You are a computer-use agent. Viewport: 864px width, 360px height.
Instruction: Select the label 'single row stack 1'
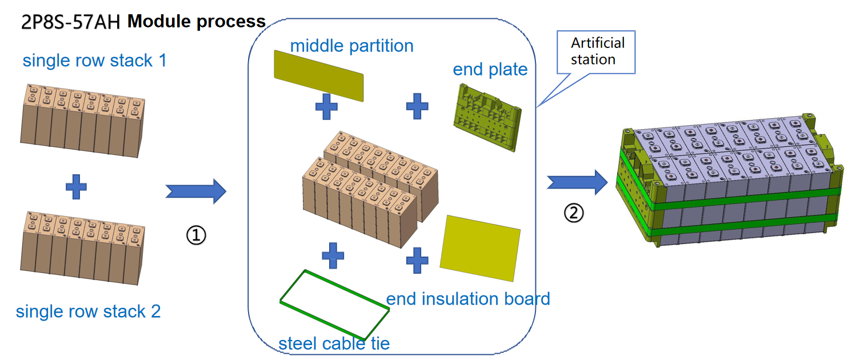click(95, 60)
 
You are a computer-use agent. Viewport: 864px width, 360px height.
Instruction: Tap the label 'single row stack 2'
click(89, 311)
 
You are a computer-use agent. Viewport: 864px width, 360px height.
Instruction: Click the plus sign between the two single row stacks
click(76, 187)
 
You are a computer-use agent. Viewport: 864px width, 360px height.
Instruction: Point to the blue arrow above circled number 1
click(195, 191)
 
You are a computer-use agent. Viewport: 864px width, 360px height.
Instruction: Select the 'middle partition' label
click(352, 46)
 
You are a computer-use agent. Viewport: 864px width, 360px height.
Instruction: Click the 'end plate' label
click(490, 70)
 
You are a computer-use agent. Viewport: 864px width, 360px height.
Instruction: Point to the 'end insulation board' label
click(468, 298)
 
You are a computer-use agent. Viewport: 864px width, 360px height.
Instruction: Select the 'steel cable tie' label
click(334, 343)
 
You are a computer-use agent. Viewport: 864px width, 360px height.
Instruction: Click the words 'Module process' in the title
click(197, 22)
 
